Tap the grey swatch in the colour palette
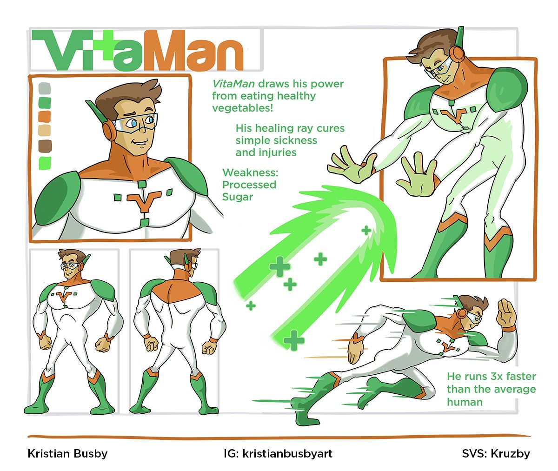45,88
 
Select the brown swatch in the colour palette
45,146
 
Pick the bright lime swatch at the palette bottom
45,163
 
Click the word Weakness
250,172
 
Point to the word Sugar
238,197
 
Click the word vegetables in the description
242,108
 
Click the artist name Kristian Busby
67,454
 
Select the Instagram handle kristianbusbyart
287,454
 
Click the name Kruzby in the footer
510,454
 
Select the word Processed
249,185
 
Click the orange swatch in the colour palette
45,117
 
